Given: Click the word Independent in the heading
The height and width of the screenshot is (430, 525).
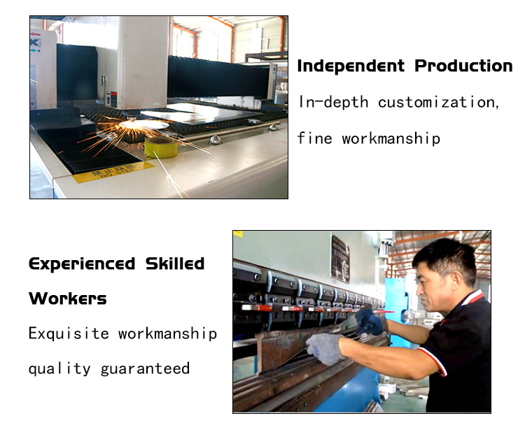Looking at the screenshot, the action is [x=351, y=66].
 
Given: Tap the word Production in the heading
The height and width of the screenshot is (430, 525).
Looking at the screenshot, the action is [x=463, y=66].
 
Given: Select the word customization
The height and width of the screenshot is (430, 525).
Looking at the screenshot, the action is [x=439, y=102].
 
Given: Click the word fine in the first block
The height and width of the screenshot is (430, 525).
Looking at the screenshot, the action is [x=315, y=138].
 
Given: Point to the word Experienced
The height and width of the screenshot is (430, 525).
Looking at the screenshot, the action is [x=82, y=264].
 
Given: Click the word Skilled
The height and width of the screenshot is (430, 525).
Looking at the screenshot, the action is [x=175, y=264].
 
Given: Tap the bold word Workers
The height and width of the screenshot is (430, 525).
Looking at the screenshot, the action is [x=68, y=299].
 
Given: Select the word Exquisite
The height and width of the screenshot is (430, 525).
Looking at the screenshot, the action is [x=69, y=334].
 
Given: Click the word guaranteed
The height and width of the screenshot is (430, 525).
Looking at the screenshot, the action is [x=145, y=369].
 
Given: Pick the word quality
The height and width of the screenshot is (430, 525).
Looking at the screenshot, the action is [x=59, y=369].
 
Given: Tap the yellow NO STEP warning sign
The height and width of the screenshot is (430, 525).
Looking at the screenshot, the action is [x=113, y=171].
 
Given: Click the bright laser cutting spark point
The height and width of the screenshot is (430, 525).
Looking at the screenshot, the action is [x=132, y=124].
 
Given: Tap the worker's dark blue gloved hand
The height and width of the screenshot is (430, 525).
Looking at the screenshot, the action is [x=370, y=322].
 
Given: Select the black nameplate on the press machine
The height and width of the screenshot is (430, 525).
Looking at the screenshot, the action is [x=340, y=258].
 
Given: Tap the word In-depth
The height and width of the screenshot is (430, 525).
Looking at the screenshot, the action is [x=333, y=102].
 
